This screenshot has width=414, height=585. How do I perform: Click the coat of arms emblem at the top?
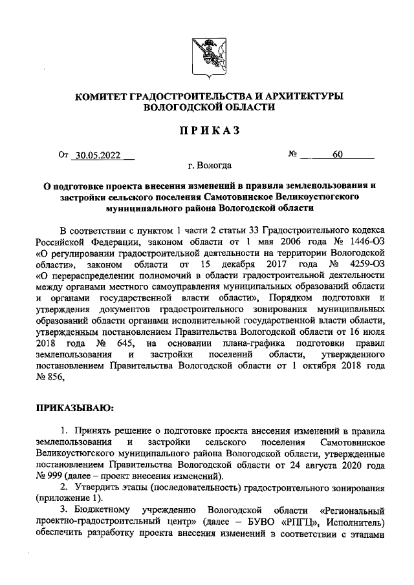pos(206,54)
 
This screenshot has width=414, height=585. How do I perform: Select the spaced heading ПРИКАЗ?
pos(206,131)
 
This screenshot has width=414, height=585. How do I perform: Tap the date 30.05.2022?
pos(96,155)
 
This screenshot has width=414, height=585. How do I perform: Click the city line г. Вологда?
pos(206,166)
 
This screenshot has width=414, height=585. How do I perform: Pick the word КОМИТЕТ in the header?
pos(102,96)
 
